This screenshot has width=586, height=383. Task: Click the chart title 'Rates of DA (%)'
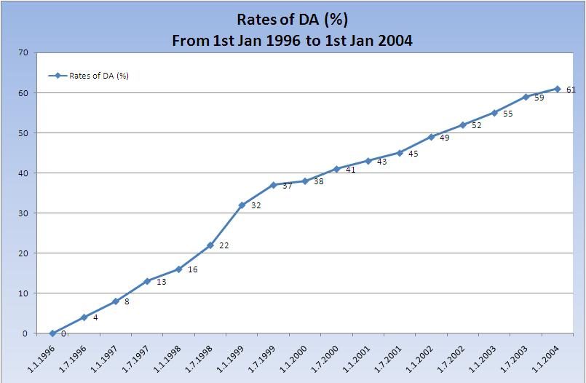[292, 20]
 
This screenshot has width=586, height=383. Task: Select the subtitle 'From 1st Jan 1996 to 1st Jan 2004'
[292, 41]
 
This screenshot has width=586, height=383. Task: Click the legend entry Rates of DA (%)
[89, 75]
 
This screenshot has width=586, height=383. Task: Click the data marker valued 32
[242, 205]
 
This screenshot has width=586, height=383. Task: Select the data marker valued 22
[210, 245]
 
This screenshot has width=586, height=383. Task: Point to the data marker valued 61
[557, 89]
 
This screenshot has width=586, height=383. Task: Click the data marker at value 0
[52, 333]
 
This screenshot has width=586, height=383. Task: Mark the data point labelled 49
[431, 137]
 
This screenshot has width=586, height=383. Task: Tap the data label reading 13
[162, 282]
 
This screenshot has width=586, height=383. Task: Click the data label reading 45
[413, 154]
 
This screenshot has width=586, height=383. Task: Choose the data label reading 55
[508, 114]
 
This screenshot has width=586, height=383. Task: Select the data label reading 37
[288, 186]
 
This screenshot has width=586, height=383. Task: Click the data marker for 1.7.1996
[84, 317]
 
